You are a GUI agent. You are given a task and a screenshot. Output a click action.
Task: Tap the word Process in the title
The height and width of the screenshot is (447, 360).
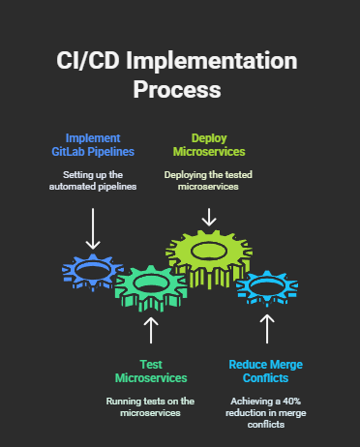179,90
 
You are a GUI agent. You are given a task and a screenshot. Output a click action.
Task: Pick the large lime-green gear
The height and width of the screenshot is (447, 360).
208,253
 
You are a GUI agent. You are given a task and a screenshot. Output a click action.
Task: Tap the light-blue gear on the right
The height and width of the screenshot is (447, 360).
266,286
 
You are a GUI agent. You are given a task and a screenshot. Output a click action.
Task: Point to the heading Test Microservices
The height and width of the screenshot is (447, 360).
150,371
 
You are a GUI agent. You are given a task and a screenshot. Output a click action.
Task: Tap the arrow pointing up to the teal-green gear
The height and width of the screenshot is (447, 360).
150,329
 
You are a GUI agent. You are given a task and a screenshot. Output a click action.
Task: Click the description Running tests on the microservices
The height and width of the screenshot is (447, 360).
150,406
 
